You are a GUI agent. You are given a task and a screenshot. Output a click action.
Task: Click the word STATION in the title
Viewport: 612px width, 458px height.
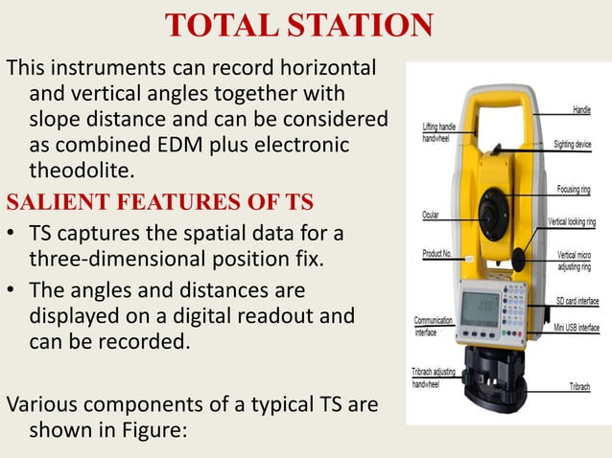click(352, 26)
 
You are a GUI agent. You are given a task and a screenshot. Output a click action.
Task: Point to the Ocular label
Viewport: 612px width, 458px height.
click(432, 215)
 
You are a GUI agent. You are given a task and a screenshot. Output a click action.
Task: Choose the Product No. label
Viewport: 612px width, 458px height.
click(437, 254)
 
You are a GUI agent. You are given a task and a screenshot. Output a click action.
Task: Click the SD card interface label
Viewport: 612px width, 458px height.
click(575, 301)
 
